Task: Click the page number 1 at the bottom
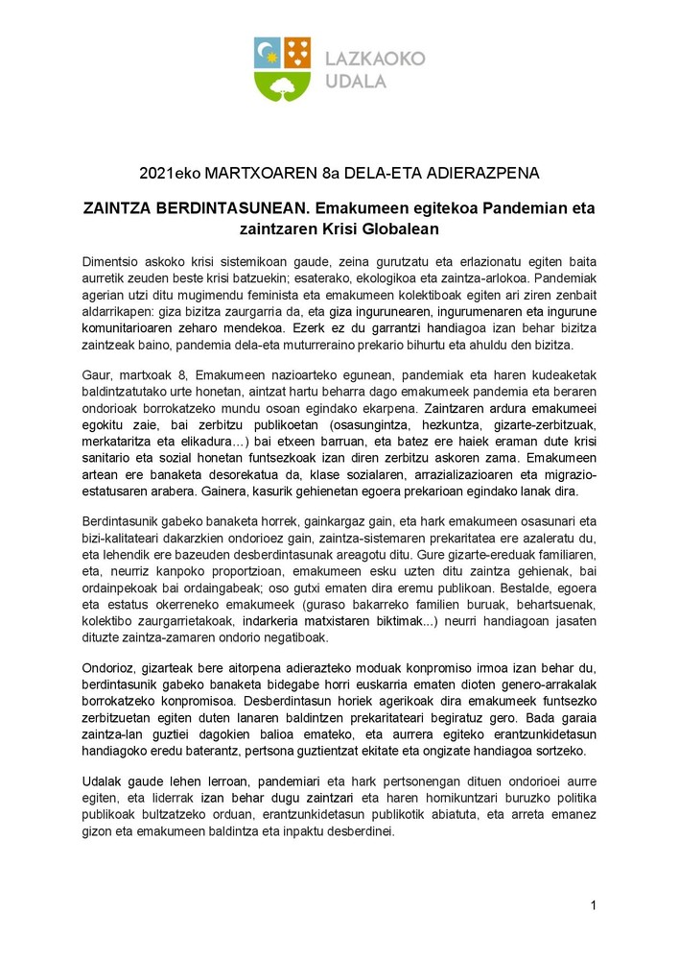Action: tap(594, 905)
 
